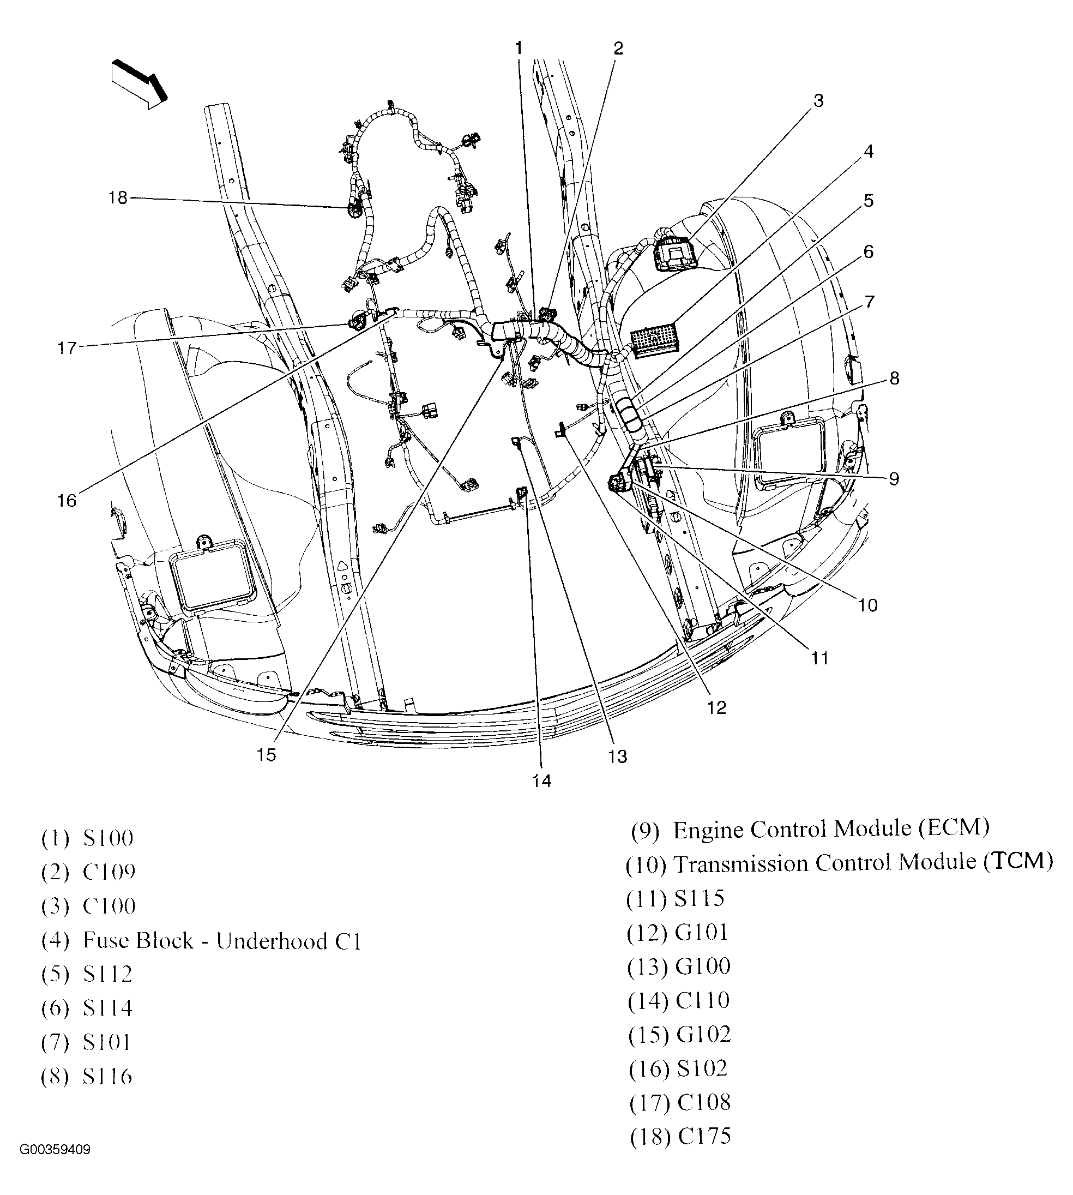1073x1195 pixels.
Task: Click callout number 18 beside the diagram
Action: click(118, 198)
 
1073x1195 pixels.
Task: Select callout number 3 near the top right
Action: click(818, 101)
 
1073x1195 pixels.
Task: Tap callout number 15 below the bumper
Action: click(266, 755)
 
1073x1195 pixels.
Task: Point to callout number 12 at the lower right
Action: click(716, 708)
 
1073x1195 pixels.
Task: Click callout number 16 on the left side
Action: click(67, 501)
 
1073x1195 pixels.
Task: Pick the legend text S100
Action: click(108, 839)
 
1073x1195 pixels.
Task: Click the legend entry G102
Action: click(704, 1035)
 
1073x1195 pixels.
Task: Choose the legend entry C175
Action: click(704, 1137)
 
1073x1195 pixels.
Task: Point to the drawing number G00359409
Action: click(56, 1166)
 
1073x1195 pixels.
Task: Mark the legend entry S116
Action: click(107, 1077)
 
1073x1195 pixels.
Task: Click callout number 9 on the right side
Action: click(894, 479)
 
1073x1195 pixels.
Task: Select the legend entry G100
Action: click(703, 966)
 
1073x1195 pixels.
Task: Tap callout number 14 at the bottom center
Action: click(542, 781)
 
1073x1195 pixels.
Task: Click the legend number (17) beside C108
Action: click(649, 1103)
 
